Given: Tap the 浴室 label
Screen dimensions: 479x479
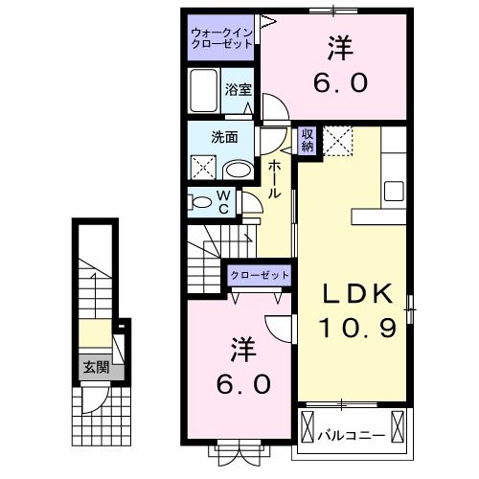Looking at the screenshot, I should pyautogui.click(x=239, y=89).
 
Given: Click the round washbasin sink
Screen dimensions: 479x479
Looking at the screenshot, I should pyautogui.click(x=238, y=170).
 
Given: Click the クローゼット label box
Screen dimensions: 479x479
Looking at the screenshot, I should pyautogui.click(x=259, y=276).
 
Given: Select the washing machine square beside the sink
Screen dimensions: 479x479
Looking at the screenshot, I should pyautogui.click(x=204, y=169).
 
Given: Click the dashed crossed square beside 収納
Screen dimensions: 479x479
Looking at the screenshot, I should pyautogui.click(x=337, y=141).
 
